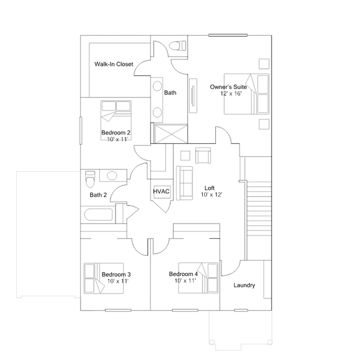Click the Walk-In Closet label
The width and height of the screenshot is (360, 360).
pos(114,64)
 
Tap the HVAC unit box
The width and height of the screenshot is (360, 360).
pos(162,191)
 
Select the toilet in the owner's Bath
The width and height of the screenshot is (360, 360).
pos(177,46)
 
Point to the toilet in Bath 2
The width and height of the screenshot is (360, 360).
pos(90,179)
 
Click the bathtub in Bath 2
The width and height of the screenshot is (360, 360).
pos(99,215)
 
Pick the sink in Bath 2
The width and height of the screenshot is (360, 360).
pos(112,176)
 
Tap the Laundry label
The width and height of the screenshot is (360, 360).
pos(245,285)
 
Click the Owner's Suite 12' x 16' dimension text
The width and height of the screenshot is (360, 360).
pos(231,94)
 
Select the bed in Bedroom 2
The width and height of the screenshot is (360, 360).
pos(116,120)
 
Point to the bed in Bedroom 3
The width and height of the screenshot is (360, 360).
pos(104,278)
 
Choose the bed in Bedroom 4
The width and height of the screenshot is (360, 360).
pos(198,278)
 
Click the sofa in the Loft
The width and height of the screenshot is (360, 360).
pos(184,183)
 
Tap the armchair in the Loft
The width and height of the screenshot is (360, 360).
pos(203,155)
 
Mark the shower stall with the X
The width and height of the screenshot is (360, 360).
pos(171,134)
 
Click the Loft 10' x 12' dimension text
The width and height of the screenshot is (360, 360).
pos(211,195)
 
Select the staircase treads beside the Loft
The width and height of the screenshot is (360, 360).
pos(259,208)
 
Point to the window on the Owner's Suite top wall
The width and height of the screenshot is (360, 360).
pos(228,35)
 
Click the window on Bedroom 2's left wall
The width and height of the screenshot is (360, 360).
pos(81,131)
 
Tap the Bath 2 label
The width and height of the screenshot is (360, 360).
pos(98,195)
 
